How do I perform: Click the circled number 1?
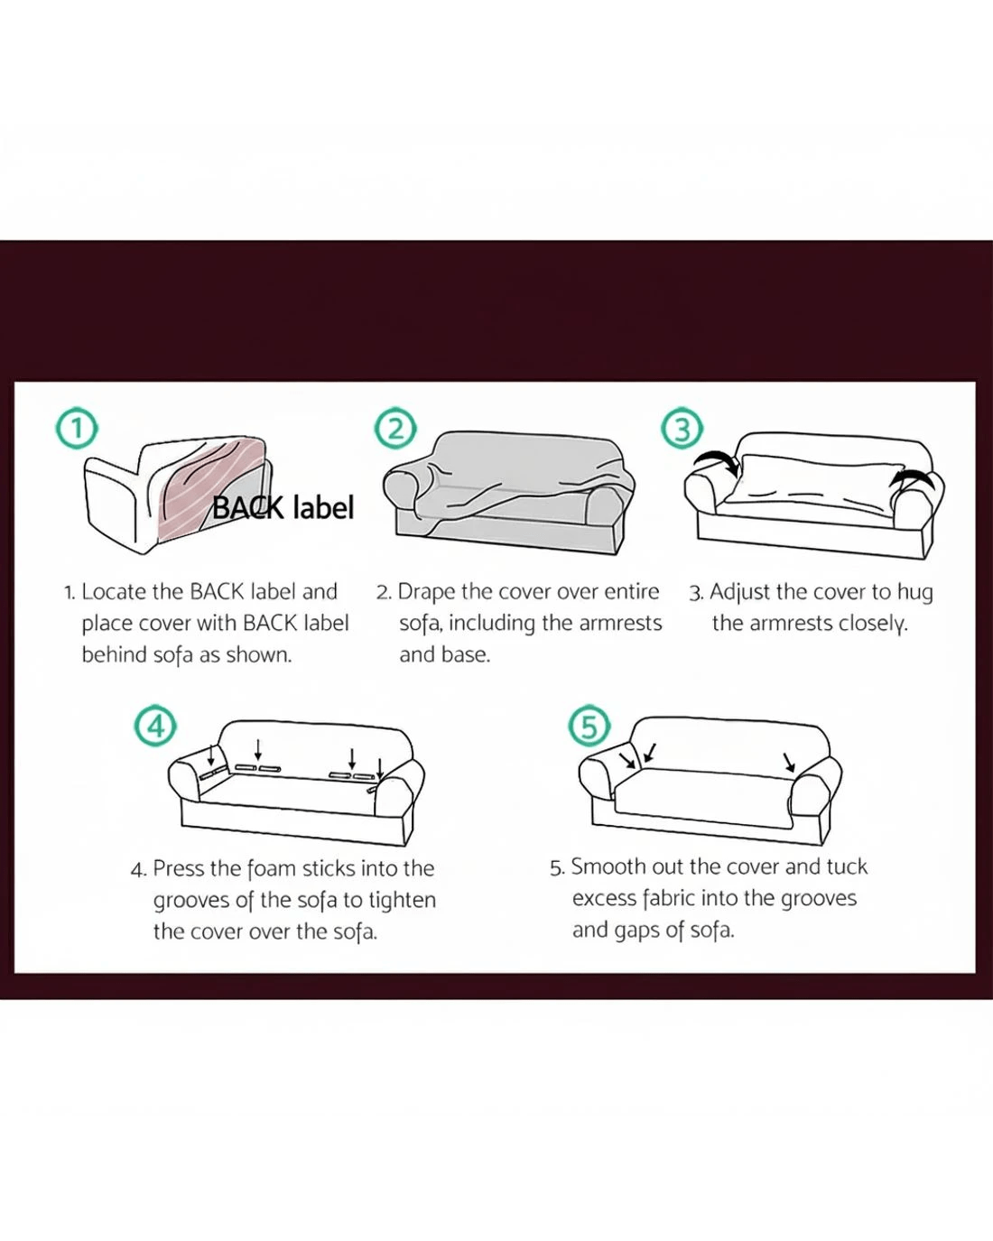pyautogui.click(x=76, y=429)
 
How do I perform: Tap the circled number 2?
pyautogui.click(x=395, y=429)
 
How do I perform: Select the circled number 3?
pyautogui.click(x=682, y=429)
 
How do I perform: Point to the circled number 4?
pyautogui.click(x=155, y=726)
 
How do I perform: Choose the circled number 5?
pyautogui.click(x=589, y=726)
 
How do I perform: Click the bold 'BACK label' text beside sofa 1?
pyautogui.click(x=283, y=507)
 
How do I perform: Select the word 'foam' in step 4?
pyautogui.click(x=272, y=868)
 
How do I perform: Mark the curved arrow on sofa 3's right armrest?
pyautogui.click(x=912, y=478)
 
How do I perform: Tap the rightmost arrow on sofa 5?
pyautogui.click(x=789, y=762)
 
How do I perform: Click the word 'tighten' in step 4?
pyautogui.click(x=402, y=900)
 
